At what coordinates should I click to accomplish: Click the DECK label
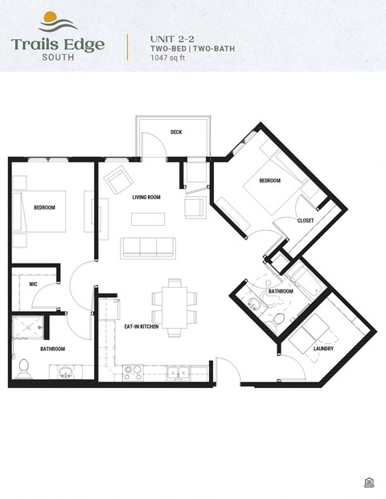click(175, 133)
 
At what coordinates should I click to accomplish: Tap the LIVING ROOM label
click(146, 197)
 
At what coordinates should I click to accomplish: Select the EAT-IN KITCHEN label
click(141, 326)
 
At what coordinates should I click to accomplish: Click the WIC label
click(34, 284)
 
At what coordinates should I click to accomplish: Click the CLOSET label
click(306, 220)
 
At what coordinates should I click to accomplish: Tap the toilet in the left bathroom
click(23, 367)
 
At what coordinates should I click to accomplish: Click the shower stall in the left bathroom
click(27, 329)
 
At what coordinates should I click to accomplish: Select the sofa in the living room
click(147, 247)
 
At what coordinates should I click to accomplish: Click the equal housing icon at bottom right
click(368, 481)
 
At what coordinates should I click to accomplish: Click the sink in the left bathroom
click(65, 371)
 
